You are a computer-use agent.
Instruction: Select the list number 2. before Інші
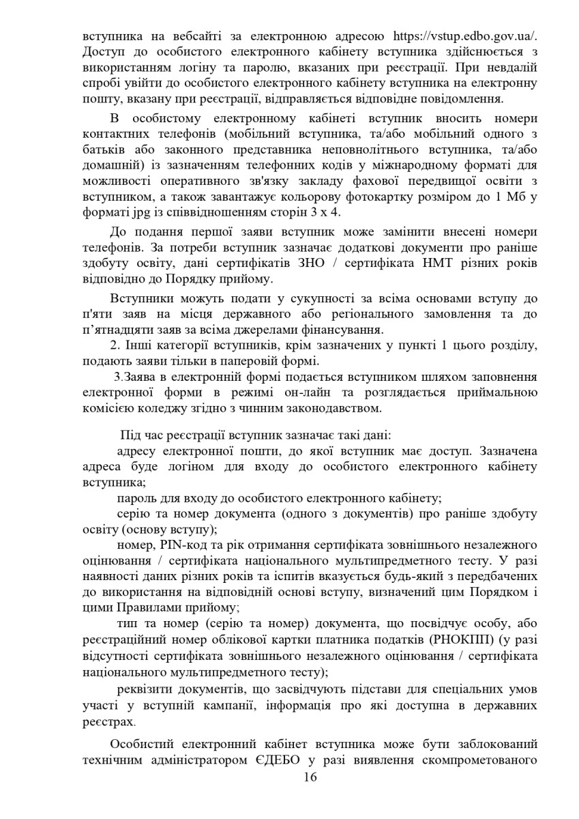point(115,347)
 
